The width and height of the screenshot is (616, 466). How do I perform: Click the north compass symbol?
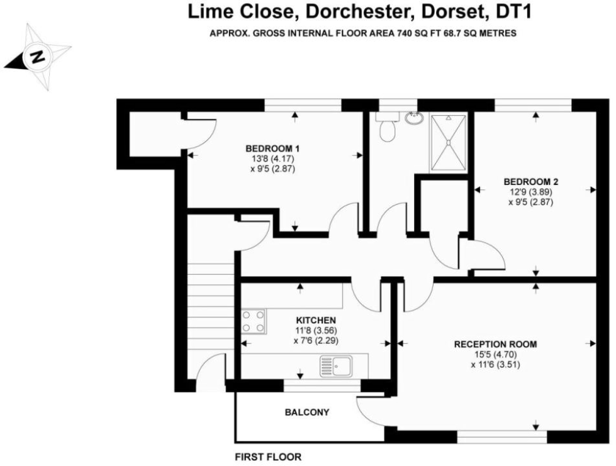tap(37, 57)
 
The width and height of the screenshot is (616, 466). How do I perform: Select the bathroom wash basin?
tap(413, 118)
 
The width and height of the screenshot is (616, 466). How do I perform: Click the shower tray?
tap(449, 142)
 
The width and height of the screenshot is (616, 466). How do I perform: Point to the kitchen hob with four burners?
tap(254, 321)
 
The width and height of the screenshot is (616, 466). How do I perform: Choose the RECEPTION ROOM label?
tap(495, 344)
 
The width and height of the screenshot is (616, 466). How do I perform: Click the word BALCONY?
tap(307, 413)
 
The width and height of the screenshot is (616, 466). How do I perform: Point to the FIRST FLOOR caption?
tap(268, 457)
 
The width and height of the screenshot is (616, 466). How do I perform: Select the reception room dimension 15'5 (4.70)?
tap(496, 354)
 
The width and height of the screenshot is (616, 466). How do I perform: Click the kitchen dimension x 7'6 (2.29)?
tap(316, 341)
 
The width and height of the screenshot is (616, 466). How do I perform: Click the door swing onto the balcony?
tap(370, 410)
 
